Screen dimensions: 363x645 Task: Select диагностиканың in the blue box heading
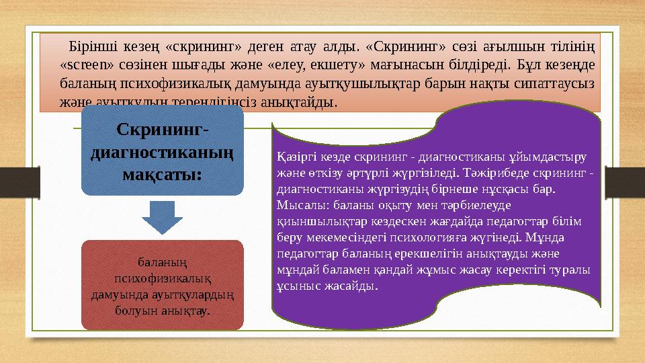162,153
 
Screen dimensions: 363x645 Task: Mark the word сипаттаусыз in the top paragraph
563,85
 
